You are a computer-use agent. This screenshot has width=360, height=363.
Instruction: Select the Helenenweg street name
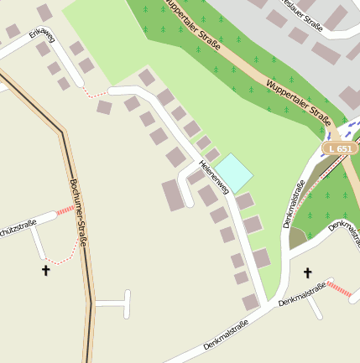point(214,177)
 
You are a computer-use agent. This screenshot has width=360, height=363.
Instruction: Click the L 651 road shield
point(340,148)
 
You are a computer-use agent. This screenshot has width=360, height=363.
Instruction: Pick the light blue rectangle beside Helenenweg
point(234,173)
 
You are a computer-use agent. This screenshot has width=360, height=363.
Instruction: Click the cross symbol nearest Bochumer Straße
point(45,270)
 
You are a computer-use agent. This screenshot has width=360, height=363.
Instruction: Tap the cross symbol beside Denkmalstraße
point(307,272)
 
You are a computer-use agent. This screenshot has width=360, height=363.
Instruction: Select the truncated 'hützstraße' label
point(18,228)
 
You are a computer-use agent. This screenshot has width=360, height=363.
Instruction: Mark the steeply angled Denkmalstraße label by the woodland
point(294,205)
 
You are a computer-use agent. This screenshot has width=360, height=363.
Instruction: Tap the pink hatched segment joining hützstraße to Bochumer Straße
point(66,210)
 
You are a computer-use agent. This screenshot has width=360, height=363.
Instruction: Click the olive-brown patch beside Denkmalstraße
point(297,238)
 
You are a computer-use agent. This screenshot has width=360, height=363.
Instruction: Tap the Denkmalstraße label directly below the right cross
point(302,294)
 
